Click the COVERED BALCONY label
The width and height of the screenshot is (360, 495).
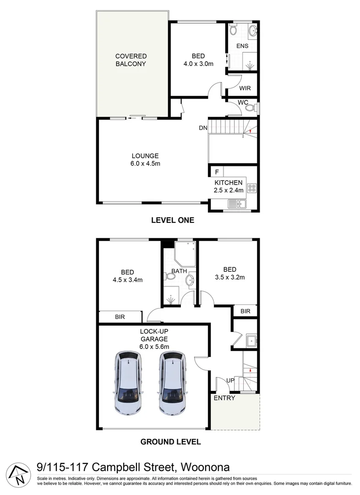[131, 60]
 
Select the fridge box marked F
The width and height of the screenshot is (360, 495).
[217, 172]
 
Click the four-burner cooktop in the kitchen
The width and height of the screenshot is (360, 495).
[251, 187]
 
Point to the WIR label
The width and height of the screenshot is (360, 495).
[245, 88]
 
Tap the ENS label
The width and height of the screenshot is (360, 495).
[242, 46]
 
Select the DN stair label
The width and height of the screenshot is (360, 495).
[203, 128]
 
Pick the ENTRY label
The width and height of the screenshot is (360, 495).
[224, 398]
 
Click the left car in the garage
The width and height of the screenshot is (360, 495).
[129, 383]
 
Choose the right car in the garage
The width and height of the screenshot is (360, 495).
[173, 383]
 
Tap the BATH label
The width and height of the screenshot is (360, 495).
[179, 271]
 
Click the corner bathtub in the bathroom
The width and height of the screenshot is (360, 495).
[185, 254]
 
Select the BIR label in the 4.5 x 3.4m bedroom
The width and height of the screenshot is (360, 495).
[120, 317]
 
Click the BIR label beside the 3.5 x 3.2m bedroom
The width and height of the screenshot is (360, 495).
[245, 311]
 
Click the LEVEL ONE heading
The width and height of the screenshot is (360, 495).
[173, 220]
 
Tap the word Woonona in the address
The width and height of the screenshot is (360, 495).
[206, 467]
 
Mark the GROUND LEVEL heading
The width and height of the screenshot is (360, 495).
[170, 442]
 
